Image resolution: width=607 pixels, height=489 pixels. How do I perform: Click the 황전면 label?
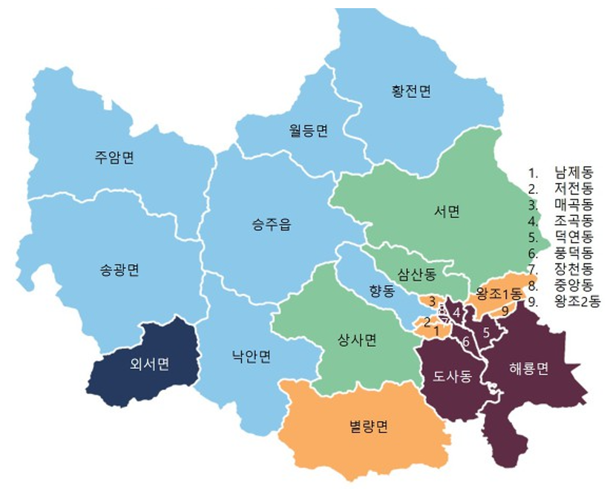point(411,91)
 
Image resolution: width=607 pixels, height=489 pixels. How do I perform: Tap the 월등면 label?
point(308,131)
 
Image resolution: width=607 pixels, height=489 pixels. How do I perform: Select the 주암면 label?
point(114,157)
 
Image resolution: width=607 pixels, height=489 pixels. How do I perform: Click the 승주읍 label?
point(272,225)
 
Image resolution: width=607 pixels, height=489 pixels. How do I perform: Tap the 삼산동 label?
point(416,274)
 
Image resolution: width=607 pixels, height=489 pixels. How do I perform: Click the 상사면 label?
point(358,340)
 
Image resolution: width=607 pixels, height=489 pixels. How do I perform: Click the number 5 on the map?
point(486,332)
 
